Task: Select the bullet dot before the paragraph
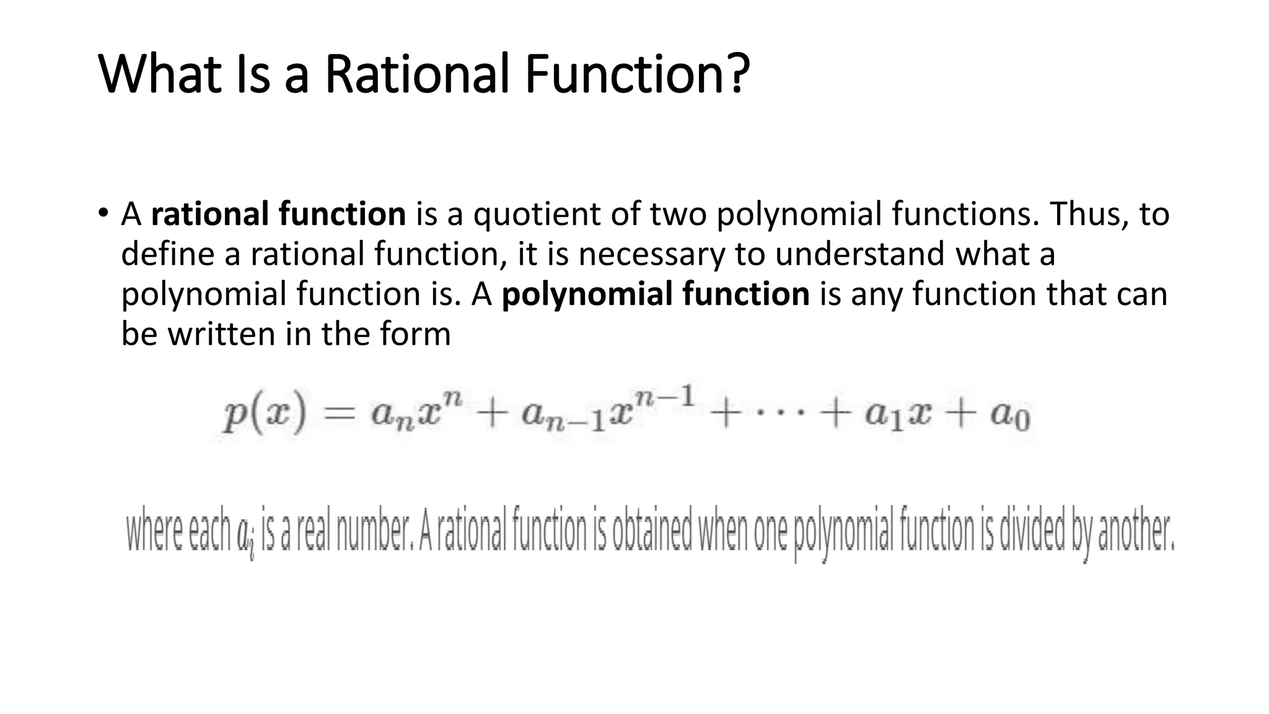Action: pyautogui.click(x=102, y=213)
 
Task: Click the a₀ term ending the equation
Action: pyautogui.click(x=1010, y=415)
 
